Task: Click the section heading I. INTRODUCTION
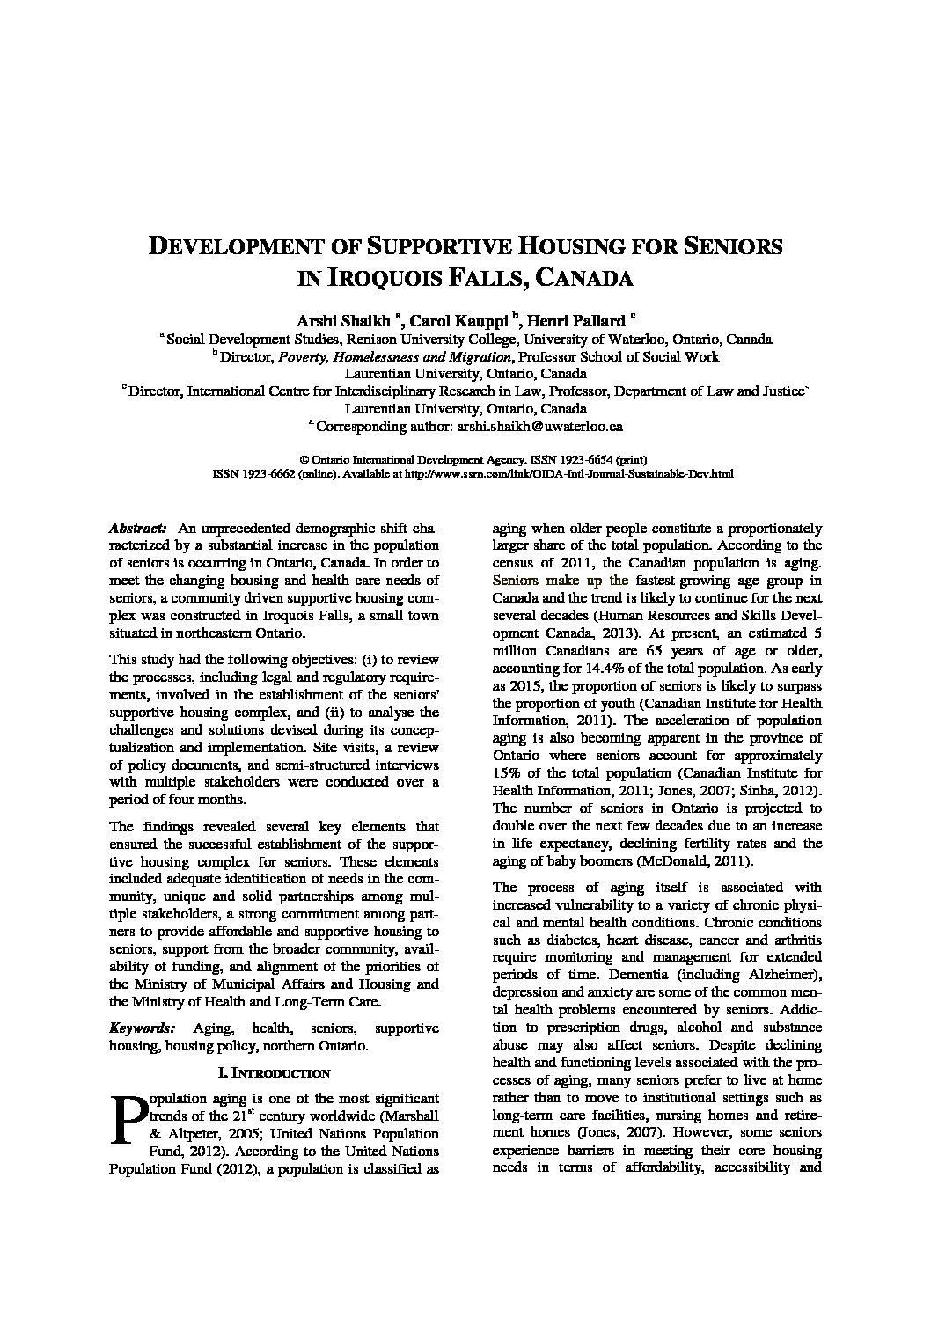274,1072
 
